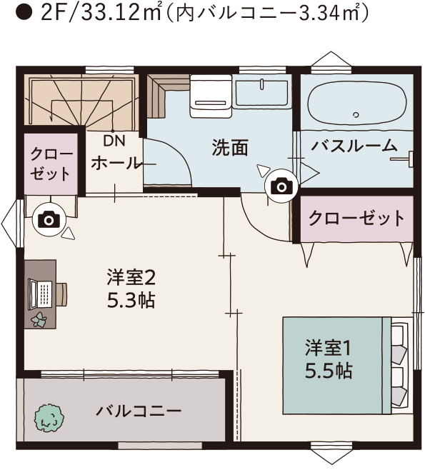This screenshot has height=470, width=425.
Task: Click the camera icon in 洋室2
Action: pos(49,220)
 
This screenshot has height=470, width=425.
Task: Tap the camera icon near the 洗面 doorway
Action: pos(281,186)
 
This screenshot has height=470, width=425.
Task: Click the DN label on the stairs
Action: pos(114,141)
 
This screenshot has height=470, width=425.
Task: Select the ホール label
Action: pos(116,164)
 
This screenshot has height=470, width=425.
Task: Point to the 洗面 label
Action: pos(230,147)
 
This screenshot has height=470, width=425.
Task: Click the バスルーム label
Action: pos(354,146)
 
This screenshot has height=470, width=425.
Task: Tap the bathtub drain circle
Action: pos(356,114)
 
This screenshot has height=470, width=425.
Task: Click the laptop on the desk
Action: pos(40,294)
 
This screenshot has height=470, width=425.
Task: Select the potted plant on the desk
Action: pos(39,320)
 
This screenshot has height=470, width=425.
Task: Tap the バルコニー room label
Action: pos(139,411)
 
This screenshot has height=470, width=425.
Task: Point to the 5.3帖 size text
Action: pos(131,300)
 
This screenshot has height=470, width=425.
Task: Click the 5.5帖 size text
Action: pos(329,371)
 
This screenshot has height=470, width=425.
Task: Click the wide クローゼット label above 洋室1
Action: pos(356,219)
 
